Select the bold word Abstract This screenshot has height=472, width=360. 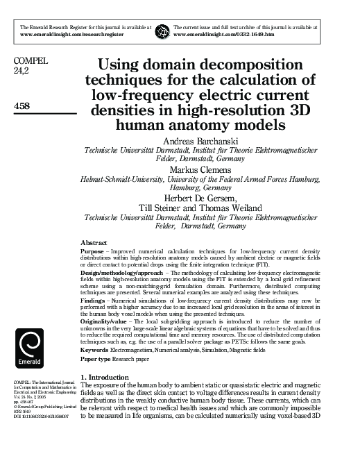(94, 242)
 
